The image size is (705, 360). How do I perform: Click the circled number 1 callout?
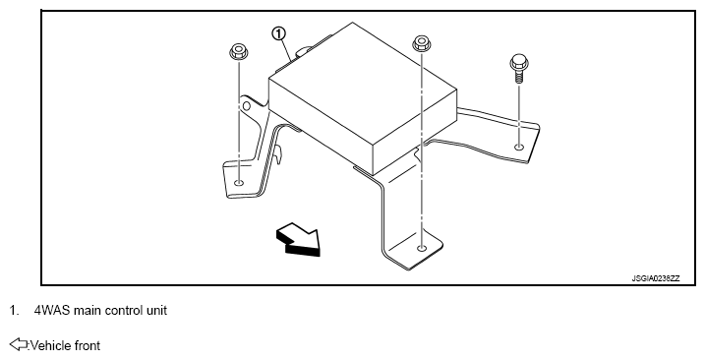[279, 33]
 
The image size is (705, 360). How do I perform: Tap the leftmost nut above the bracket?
[239, 51]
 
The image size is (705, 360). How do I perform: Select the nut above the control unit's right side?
[421, 43]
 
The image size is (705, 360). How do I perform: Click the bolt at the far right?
[519, 69]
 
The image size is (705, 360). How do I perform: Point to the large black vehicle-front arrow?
[299, 239]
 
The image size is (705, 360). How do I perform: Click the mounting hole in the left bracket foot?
[239, 183]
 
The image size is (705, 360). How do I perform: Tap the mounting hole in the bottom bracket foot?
[421, 248]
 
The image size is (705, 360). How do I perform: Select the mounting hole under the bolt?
[519, 147]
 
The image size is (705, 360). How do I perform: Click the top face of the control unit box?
[363, 85]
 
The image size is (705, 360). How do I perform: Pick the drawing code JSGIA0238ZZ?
[656, 278]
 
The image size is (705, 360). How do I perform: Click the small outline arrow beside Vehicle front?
[19, 344]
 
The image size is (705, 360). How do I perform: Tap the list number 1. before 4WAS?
[15, 311]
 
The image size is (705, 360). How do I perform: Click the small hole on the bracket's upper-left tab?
[246, 106]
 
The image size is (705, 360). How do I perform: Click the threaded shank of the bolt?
[519, 78]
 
